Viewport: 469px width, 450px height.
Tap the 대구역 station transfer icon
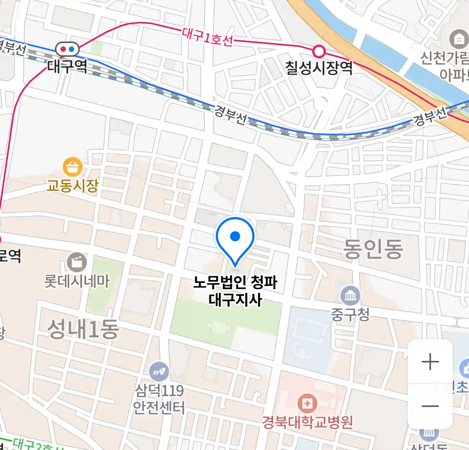pyautogui.click(x=68, y=49)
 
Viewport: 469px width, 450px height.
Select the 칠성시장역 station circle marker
pyautogui.click(x=319, y=52)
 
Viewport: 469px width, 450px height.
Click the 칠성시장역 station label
pyautogui.click(x=319, y=67)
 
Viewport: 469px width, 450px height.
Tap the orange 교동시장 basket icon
pyautogui.click(x=72, y=167)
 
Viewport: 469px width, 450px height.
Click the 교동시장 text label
pyautogui.click(x=73, y=185)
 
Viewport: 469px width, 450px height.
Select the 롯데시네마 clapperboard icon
pyautogui.click(x=77, y=263)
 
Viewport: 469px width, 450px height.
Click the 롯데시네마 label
pyautogui.click(x=77, y=281)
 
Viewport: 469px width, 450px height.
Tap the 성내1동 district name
pyautogui.click(x=83, y=329)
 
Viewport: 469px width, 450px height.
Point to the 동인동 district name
pyautogui.click(x=373, y=249)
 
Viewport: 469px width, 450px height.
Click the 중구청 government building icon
pyautogui.click(x=350, y=296)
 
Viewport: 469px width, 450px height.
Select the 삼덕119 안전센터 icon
pyautogui.click(x=159, y=371)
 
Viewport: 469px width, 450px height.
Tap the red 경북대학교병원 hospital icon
pyautogui.click(x=307, y=403)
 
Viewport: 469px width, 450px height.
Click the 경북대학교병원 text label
pyautogui.click(x=307, y=422)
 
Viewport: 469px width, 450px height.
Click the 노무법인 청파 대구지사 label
pyautogui.click(x=235, y=291)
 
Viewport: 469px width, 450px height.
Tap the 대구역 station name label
pyautogui.click(x=68, y=66)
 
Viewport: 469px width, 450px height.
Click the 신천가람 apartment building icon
pyautogui.click(x=459, y=40)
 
